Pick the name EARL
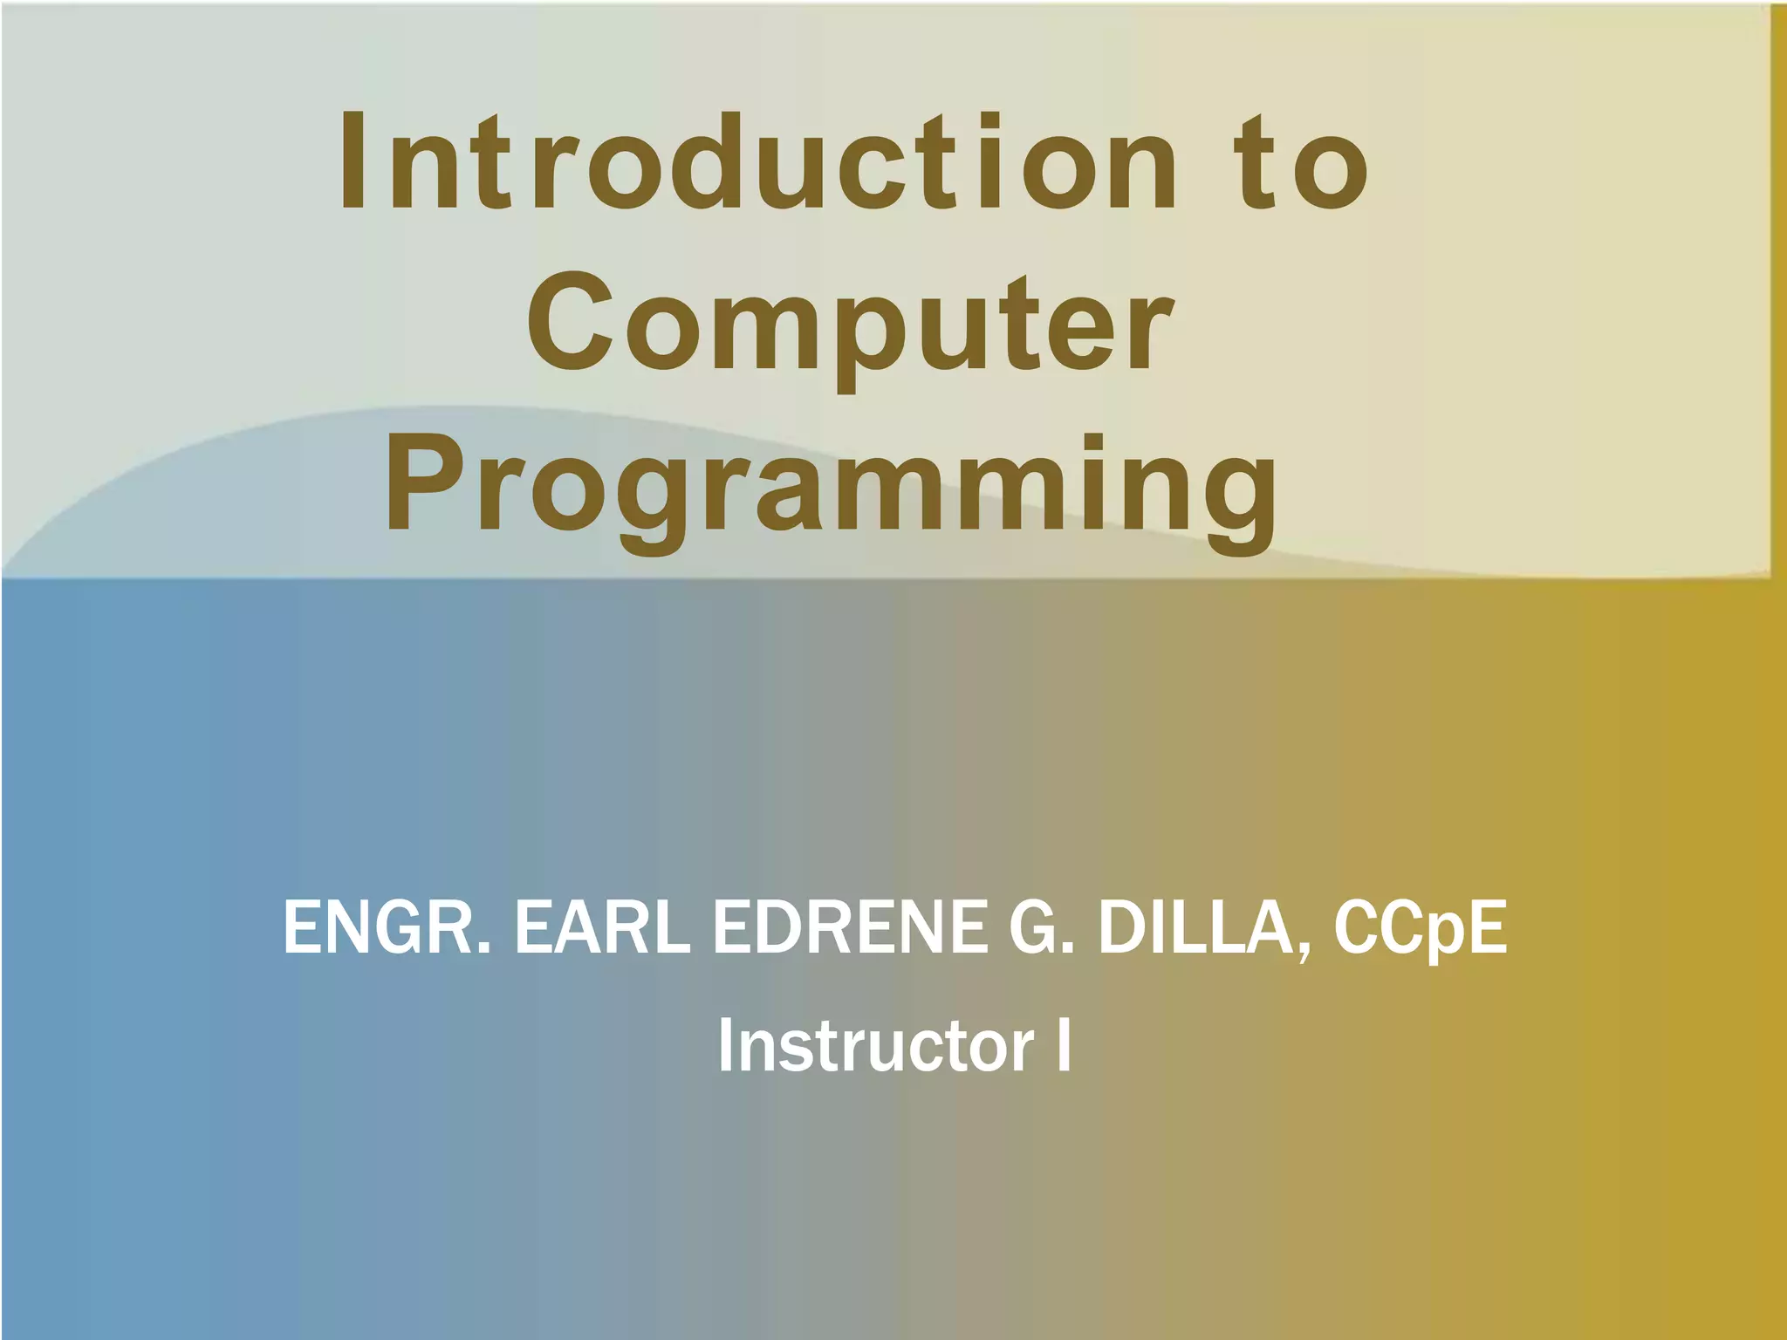[602, 927]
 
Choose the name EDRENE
[851, 927]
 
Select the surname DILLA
[1195, 927]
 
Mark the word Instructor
[876, 1045]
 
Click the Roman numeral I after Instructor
[1064, 1045]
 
